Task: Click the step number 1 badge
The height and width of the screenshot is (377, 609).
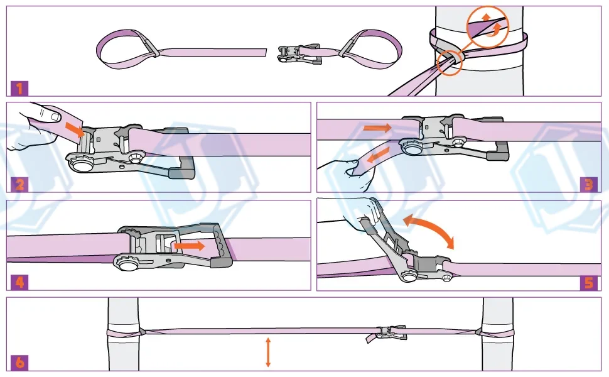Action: (x=19, y=88)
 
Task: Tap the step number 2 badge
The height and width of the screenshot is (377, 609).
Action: (x=19, y=184)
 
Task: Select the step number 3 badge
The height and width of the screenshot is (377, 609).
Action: (x=589, y=184)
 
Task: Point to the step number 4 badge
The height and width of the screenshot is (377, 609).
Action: (x=19, y=282)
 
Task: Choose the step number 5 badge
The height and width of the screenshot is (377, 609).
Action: (x=589, y=282)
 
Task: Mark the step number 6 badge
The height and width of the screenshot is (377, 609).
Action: (x=19, y=363)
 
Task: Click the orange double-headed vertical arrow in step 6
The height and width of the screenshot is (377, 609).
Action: (x=268, y=352)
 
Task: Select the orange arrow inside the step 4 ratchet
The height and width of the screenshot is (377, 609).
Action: (x=189, y=246)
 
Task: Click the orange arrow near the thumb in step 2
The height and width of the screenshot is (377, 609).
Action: (x=75, y=129)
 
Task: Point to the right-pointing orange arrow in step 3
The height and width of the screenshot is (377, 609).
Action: (x=377, y=128)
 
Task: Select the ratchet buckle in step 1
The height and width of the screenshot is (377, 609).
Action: (x=299, y=54)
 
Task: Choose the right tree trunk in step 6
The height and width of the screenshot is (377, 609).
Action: (x=497, y=334)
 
